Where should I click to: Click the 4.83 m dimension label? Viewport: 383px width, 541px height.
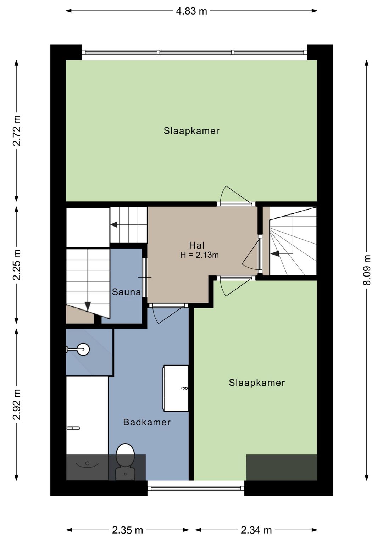coord(191,11)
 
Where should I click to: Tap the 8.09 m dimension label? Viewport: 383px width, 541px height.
coord(367,270)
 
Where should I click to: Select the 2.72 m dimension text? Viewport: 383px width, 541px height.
coord(17,131)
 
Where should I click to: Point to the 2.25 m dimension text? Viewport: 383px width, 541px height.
coord(17,265)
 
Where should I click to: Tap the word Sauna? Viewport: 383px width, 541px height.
coord(126,292)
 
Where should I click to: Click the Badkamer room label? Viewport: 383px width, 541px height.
coord(147,422)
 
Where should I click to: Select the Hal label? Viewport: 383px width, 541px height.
coord(197,245)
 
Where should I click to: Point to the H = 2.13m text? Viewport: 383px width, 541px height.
coord(199,255)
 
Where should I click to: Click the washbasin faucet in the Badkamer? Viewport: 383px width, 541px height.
coord(185,388)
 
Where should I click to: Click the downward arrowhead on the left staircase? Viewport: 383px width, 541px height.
coord(88,306)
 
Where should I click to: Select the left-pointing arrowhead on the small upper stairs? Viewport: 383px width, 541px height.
coord(114,225)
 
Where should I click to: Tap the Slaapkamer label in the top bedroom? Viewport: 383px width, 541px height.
coord(191,131)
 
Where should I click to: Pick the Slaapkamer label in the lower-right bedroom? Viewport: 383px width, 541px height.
coord(257,383)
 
